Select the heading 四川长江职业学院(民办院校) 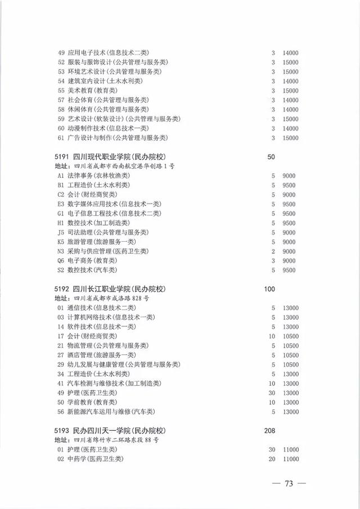121,289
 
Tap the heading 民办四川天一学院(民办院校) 121,430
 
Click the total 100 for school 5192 269,289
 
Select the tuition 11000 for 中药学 290,459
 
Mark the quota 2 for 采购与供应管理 273,251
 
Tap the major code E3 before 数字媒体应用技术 61,204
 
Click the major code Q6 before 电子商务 61,260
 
